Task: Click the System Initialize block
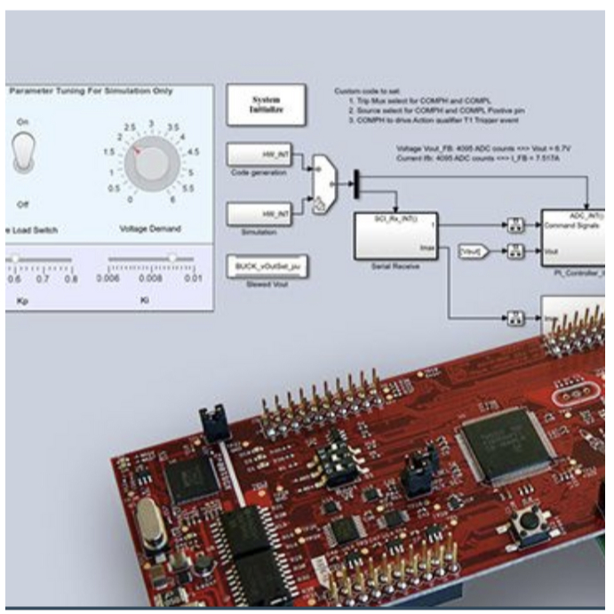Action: (266, 105)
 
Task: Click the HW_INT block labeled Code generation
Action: (266, 155)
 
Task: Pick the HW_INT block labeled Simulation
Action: (266, 214)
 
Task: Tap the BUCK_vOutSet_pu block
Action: (266, 267)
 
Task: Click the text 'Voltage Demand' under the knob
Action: (149, 228)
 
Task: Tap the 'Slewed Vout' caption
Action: (265, 284)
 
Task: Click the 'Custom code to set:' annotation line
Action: (363, 92)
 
